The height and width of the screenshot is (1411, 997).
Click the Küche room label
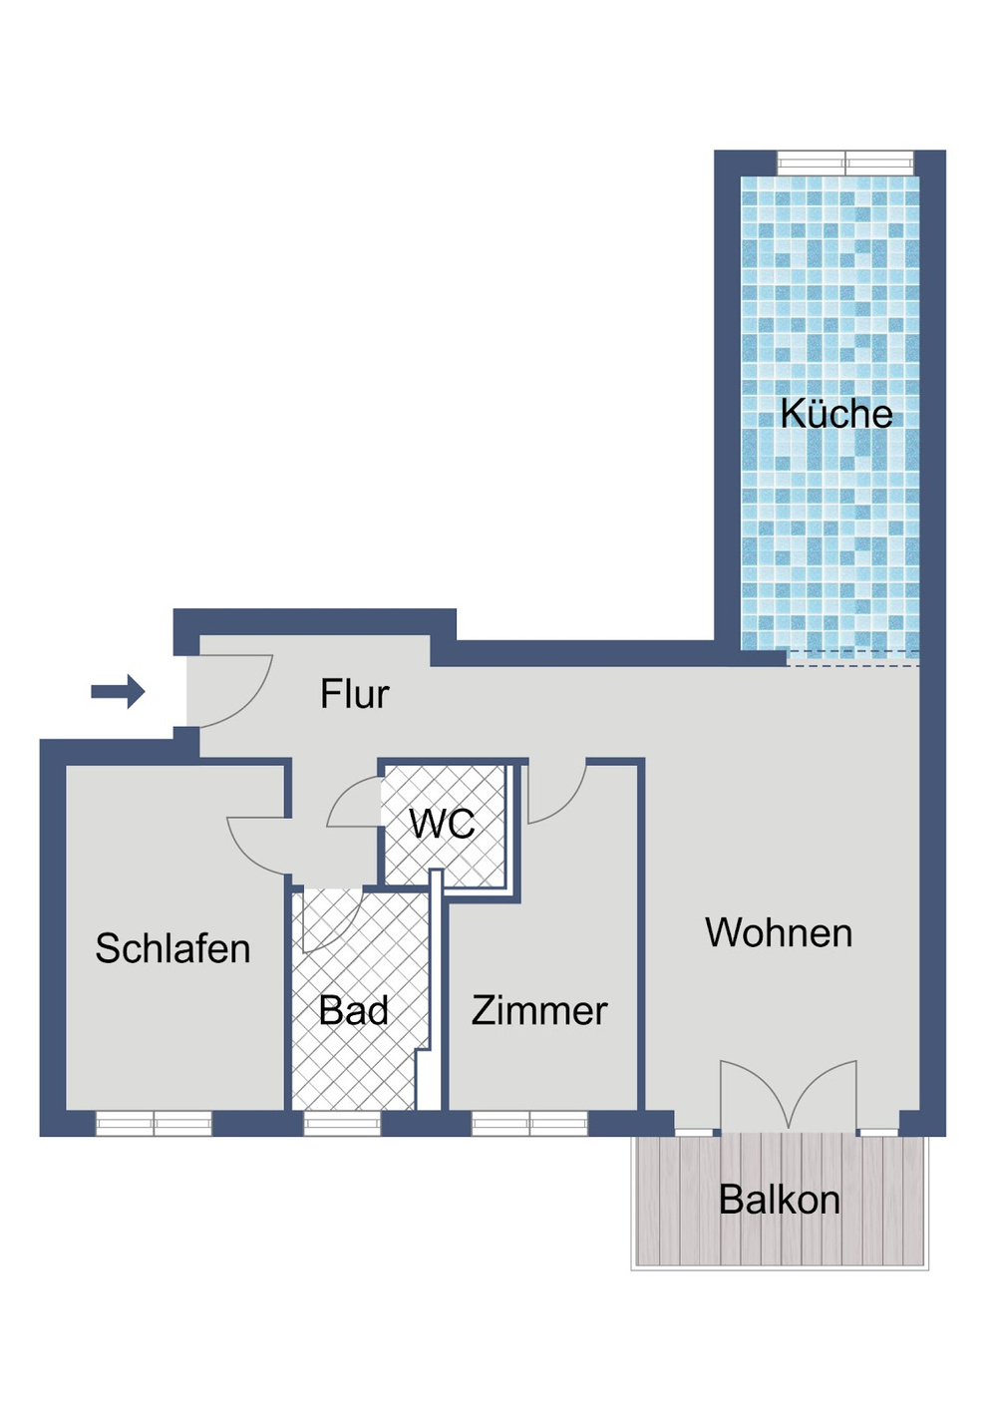[835, 414]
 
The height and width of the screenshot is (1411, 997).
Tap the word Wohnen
[779, 933]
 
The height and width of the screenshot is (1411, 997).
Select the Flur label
[354, 694]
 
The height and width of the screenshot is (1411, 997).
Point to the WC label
[442, 824]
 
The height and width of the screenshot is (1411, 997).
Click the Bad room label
[354, 1010]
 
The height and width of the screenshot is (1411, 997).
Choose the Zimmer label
[539, 1010]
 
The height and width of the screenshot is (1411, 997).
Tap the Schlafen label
[172, 948]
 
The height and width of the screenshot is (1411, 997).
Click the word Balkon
[779, 1200]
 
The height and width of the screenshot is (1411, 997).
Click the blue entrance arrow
[119, 691]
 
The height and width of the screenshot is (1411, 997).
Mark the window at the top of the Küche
[845, 162]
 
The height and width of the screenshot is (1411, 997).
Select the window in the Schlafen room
[154, 1124]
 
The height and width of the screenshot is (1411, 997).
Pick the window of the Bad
[342, 1124]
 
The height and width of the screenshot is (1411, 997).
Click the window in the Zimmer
[529, 1124]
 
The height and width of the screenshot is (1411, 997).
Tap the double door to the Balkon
[788, 1097]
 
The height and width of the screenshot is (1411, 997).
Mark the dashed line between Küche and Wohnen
[852, 658]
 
